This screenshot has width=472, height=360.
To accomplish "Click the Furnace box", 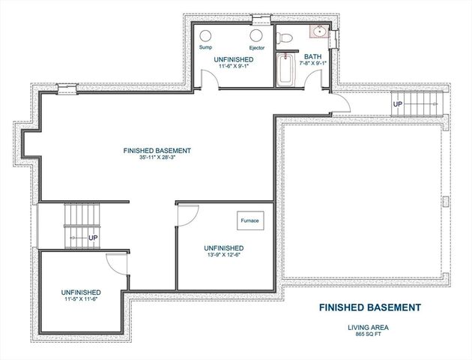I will pos(248,221).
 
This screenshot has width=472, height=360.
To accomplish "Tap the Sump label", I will pos(205,47).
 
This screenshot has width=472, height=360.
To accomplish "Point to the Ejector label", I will pos(257,47).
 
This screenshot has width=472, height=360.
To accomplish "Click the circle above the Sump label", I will pos(207,34).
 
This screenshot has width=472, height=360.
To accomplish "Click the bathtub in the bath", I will pos(285,69).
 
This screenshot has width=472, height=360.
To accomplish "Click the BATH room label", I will pos(312,56).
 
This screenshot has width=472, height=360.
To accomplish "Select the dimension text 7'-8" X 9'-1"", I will pos(312,64).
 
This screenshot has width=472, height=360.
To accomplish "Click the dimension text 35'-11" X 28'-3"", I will pos(157,158).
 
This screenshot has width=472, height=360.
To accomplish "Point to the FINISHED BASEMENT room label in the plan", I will pos(157,151).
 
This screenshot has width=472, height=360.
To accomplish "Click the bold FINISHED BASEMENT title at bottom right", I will pos(369,307).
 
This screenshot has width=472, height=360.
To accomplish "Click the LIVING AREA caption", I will pos(369,326).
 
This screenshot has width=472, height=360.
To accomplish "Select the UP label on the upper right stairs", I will pos(398,103).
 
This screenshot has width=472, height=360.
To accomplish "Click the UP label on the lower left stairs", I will pos(93,238).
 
